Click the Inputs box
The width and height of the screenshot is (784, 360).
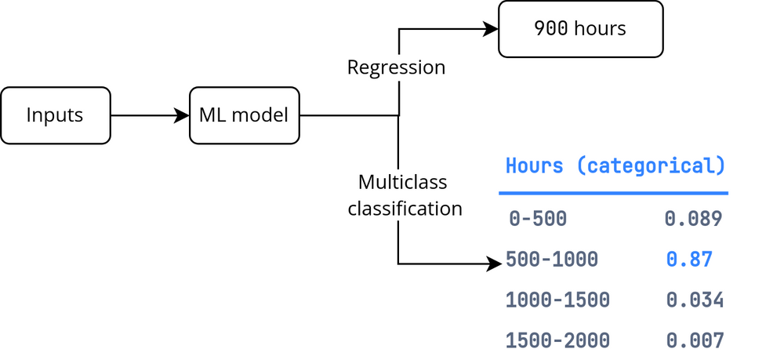(55, 115)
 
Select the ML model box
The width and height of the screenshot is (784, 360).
(244, 115)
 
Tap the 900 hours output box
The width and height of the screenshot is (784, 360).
(580, 29)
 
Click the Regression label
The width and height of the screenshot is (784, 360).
(396, 67)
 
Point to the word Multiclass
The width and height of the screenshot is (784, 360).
(402, 182)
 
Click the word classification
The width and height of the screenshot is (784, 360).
(405, 209)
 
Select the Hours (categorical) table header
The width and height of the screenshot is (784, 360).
(615, 166)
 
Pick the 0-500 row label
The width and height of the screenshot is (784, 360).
(538, 219)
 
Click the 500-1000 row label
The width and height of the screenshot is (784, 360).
(553, 260)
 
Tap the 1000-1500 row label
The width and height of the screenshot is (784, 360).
(558, 300)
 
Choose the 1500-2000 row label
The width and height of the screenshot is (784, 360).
(558, 340)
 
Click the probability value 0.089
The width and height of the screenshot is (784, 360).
(693, 219)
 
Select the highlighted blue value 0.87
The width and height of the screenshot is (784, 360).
(689, 260)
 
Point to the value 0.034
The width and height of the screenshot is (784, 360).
(695, 300)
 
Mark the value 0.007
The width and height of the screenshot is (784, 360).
(695, 340)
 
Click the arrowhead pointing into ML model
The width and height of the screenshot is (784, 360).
(183, 115)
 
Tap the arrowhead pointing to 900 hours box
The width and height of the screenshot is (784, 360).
(492, 29)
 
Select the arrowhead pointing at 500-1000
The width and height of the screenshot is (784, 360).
(494, 264)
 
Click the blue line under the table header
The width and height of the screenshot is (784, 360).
(613, 193)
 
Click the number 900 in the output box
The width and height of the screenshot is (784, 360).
(551, 29)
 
